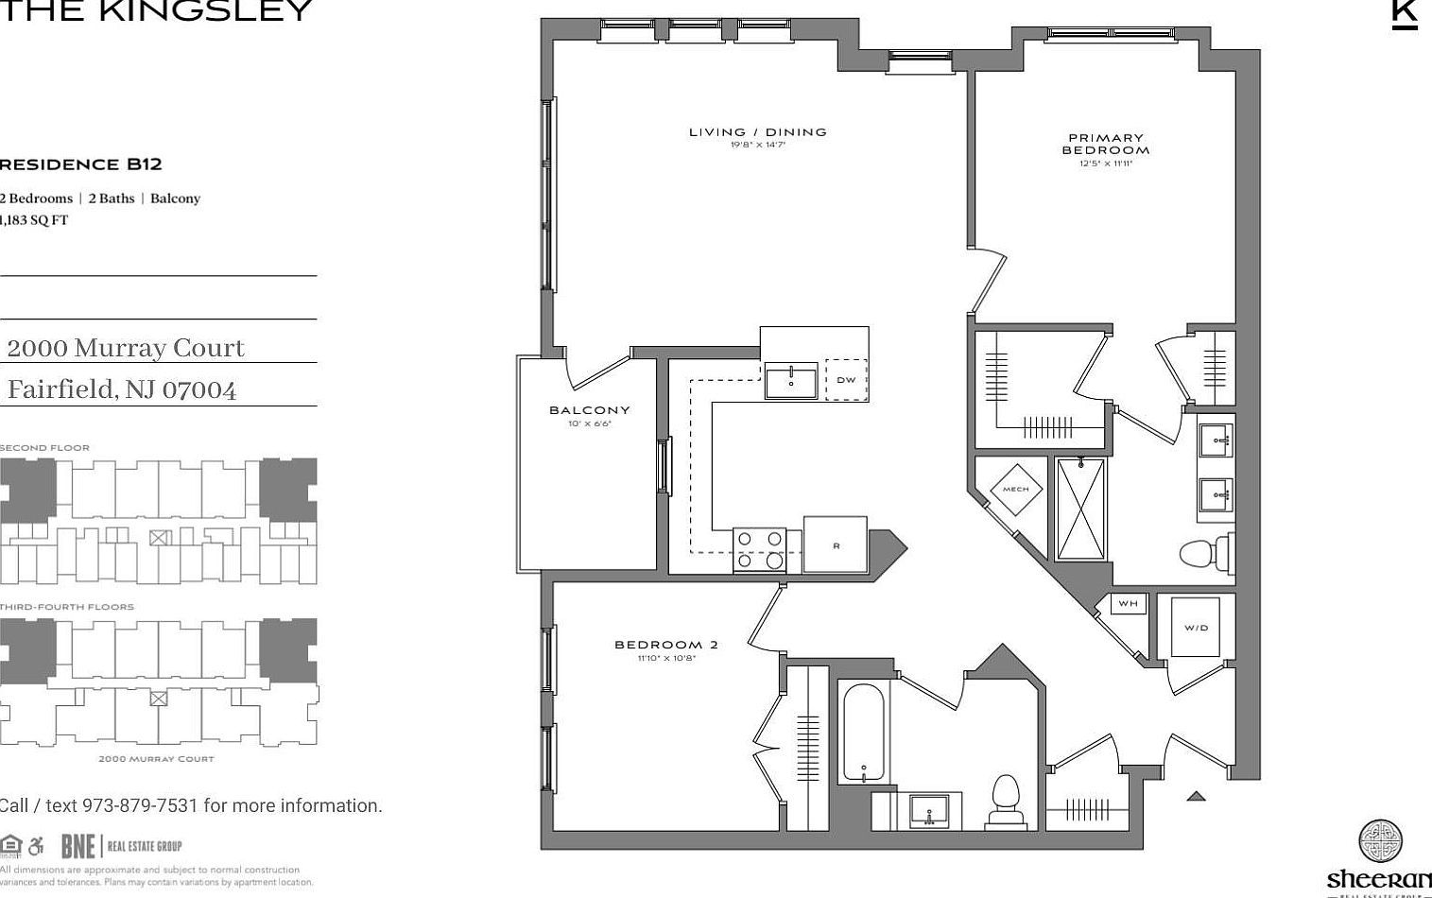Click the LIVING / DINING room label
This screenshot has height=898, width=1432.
(757, 132)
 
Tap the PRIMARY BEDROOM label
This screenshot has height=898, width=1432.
(1105, 144)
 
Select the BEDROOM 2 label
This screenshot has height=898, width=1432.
(665, 645)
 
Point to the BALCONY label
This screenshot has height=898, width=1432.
(589, 410)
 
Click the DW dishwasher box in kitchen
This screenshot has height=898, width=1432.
(846, 380)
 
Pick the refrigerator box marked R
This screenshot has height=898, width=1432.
(836, 544)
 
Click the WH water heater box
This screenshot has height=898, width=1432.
(1128, 604)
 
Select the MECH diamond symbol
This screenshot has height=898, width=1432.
(1015, 489)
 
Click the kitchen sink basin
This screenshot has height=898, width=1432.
(791, 381)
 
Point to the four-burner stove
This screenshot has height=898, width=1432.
(760, 549)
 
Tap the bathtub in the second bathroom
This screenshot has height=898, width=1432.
(863, 733)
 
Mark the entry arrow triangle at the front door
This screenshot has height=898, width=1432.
(1196, 796)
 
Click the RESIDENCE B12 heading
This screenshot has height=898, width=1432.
(80, 164)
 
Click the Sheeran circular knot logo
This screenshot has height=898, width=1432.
(1380, 842)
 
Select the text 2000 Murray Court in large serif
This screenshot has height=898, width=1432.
(125, 348)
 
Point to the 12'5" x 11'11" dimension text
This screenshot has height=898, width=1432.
(1105, 164)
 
